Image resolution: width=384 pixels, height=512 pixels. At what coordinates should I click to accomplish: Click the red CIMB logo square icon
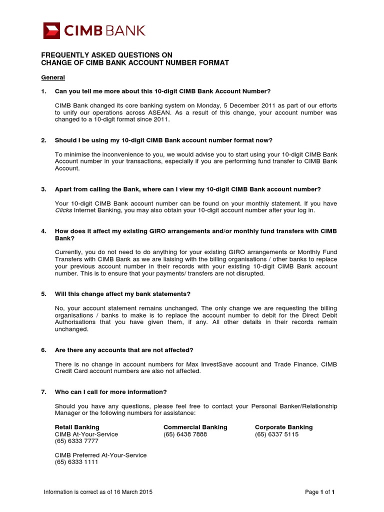coord(51,30)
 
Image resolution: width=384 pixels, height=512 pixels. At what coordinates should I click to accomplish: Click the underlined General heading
coord(52,77)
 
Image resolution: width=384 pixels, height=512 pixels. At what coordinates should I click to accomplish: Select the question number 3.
coord(43,189)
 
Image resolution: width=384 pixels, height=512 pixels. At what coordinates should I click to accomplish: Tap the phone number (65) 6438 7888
coord(185,434)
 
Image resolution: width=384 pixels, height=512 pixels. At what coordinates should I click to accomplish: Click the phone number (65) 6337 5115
coord(276,434)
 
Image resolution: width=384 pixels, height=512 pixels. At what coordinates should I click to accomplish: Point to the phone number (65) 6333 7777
coord(76,441)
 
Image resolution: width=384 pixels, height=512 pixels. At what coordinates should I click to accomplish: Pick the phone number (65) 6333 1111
coord(76,462)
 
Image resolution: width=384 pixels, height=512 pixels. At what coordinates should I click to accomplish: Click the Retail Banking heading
coord(77,427)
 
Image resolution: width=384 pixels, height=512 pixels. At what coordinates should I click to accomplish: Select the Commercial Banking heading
coord(195,427)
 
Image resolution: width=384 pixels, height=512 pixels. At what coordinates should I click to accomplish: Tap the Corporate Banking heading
coord(283,427)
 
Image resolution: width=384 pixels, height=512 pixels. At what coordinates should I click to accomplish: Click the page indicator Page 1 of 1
coord(319,492)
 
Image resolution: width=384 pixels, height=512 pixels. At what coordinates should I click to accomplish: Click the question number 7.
coord(43,391)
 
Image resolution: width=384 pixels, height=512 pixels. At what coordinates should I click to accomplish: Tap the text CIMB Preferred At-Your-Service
coord(100,455)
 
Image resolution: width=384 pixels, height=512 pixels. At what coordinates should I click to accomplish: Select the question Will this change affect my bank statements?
coord(122,294)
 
